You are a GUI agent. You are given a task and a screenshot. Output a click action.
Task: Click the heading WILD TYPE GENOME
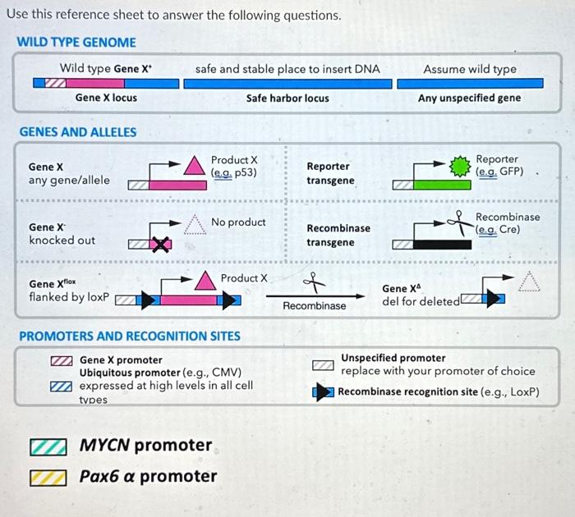(76, 42)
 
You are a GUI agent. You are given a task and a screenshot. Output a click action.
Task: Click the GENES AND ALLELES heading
(78, 131)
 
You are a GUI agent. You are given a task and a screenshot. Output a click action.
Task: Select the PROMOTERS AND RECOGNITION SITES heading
(130, 336)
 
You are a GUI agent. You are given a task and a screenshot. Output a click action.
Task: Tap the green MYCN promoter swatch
(48, 447)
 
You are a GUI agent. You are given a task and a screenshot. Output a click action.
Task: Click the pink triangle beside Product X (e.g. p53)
(195, 166)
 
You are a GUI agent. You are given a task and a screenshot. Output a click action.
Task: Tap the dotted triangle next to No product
(194, 223)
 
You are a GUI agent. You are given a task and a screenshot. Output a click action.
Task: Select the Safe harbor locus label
(287, 98)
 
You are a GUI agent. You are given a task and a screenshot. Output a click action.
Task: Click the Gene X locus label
(106, 98)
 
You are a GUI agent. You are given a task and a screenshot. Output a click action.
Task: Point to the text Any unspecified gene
(469, 98)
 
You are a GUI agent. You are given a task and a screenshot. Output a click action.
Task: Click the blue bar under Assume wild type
(469, 84)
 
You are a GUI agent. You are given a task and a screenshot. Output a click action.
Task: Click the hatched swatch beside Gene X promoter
(61, 360)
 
